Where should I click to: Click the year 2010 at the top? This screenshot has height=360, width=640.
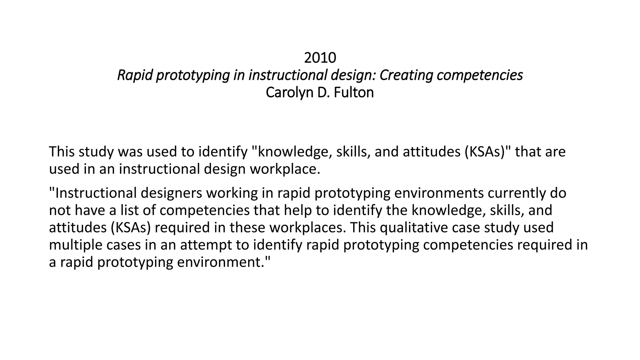[x=320, y=58]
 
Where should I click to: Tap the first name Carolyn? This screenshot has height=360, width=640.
[x=290, y=92]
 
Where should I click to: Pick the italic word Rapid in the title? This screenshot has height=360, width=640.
[x=135, y=75]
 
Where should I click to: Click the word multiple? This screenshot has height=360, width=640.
[x=76, y=245]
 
